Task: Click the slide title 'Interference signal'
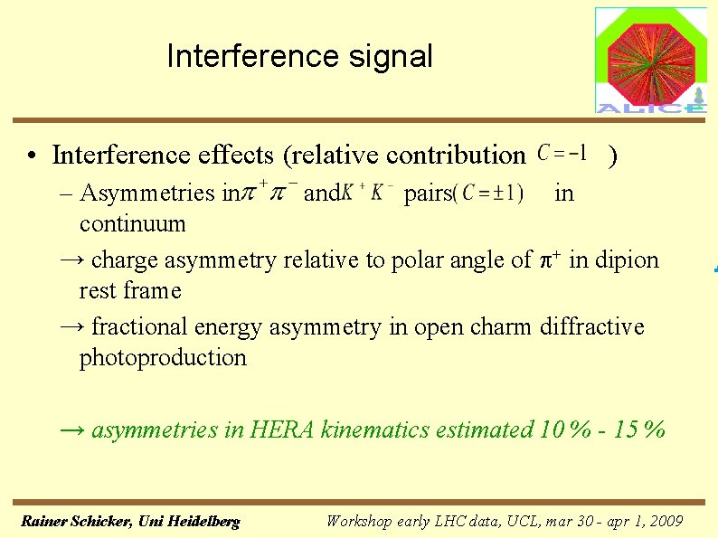299,57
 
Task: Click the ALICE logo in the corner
650,61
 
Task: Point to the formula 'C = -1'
562,154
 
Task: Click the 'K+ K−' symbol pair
371,193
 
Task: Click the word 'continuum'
132,223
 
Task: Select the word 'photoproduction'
163,358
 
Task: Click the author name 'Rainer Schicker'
75,522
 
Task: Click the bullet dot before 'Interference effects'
32,157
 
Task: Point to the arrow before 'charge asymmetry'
70,260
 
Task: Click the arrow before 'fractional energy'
70,326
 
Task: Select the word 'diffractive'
592,326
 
